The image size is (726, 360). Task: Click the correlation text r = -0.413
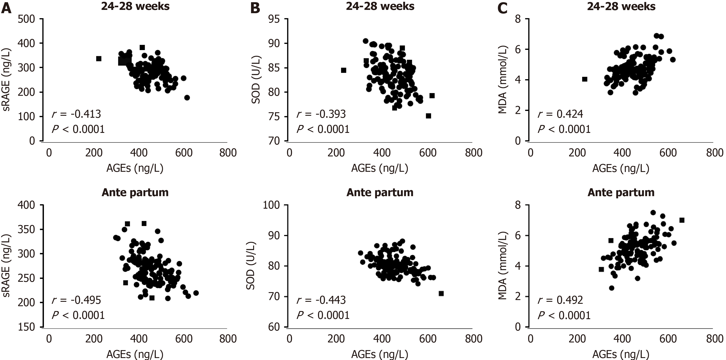tap(76, 114)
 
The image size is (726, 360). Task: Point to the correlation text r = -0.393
tap(321, 114)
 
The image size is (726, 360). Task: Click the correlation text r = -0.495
tap(76, 300)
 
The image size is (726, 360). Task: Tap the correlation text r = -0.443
tap(321, 300)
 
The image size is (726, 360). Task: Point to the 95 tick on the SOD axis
tap(274, 19)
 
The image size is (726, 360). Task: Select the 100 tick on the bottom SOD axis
tap(271, 205)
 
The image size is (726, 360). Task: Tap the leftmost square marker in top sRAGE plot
tap(99, 59)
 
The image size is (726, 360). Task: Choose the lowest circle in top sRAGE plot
tap(187, 98)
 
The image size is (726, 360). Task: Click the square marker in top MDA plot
tap(585, 79)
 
